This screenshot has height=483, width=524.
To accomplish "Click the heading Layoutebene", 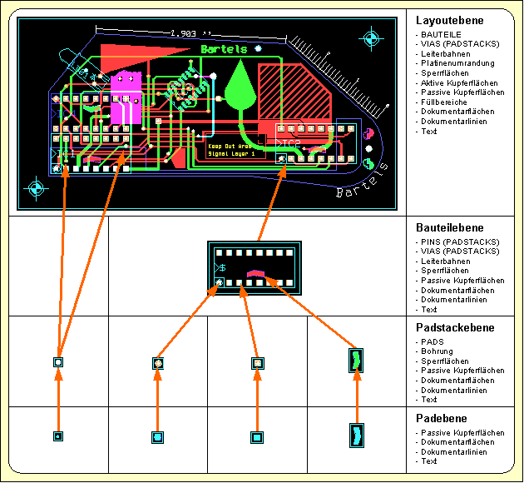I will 449,20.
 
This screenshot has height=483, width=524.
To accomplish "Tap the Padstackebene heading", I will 455,328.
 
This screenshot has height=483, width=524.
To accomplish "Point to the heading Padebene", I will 442,419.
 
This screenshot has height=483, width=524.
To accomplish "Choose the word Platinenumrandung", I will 457,63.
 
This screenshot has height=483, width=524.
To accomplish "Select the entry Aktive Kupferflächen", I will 459,83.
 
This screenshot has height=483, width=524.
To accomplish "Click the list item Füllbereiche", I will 443,102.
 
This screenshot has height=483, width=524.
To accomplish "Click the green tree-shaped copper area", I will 240,87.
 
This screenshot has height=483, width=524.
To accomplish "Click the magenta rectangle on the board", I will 126,90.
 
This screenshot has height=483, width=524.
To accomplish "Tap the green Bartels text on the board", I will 224,50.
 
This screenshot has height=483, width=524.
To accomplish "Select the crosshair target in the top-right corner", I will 371,37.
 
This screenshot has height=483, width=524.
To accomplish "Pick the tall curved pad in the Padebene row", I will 357,436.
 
